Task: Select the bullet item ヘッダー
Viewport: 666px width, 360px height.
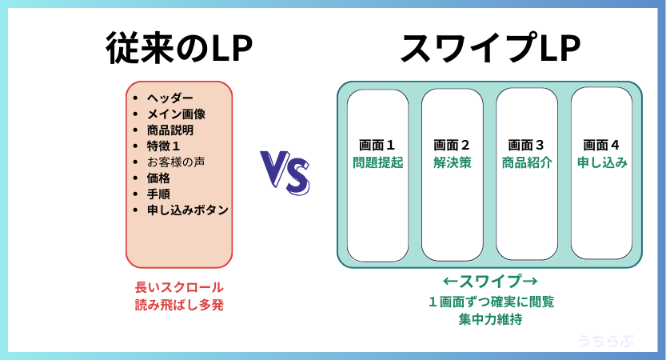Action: tap(170, 98)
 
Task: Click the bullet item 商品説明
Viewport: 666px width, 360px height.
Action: tap(170, 130)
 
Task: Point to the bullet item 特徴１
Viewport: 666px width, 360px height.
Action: tap(164, 146)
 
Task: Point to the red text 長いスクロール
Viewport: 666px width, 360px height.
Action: tap(179, 287)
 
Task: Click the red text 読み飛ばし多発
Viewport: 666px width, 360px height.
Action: tap(179, 304)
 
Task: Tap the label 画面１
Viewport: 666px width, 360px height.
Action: tap(377, 145)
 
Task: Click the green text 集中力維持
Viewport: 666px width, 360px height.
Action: tap(489, 319)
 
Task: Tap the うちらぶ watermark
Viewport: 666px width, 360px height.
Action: tap(605, 341)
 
